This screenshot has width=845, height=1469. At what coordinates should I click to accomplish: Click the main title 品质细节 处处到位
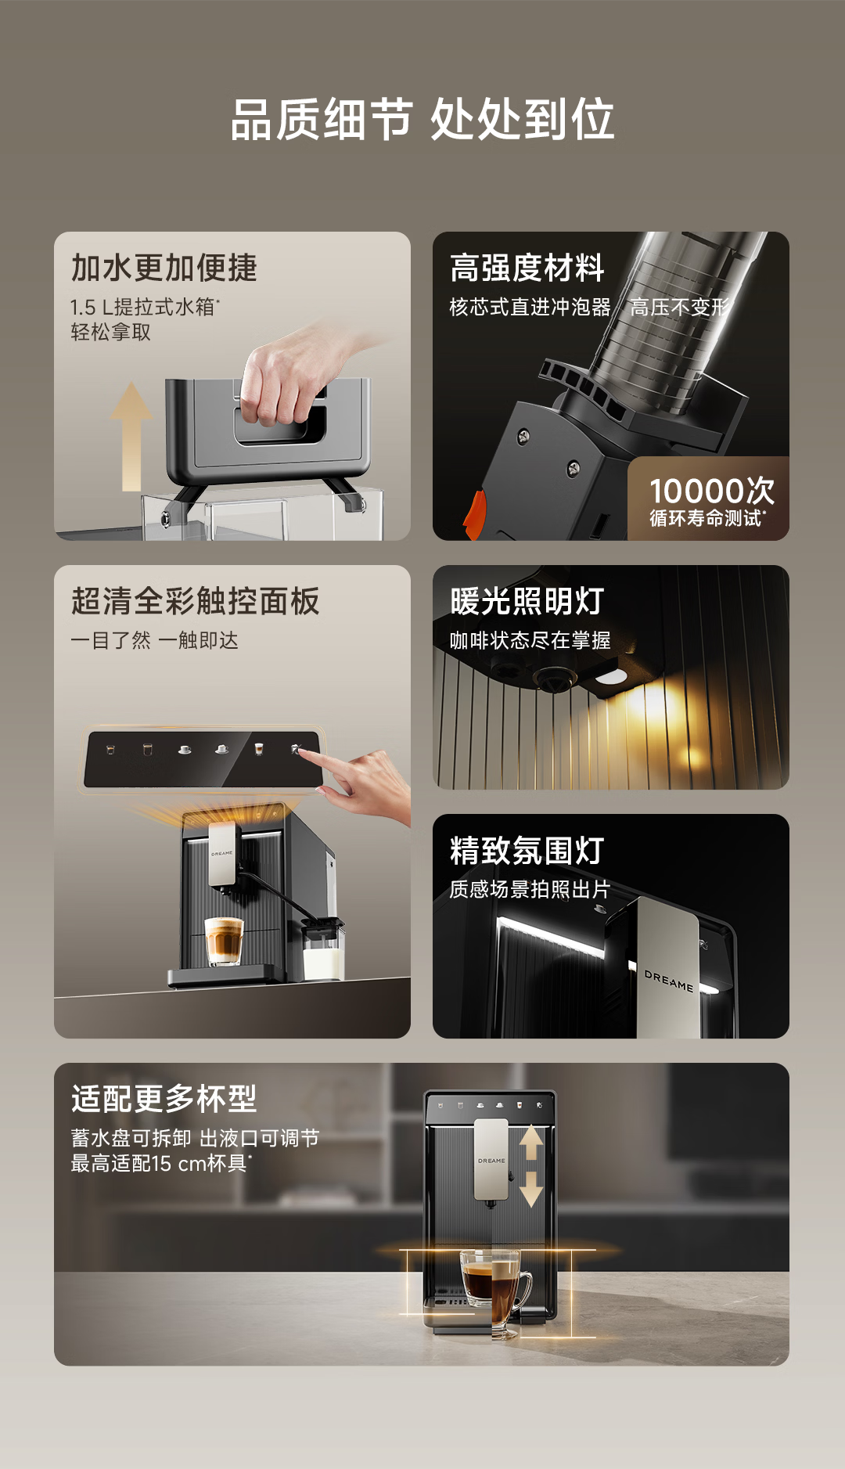coord(422,120)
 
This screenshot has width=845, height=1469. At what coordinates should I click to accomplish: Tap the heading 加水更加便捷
coord(164,268)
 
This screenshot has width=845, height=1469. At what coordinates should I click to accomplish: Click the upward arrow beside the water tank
coord(131,437)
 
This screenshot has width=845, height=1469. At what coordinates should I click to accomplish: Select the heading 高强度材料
coord(527,268)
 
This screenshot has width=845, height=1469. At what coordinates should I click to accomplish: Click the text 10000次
coord(712,491)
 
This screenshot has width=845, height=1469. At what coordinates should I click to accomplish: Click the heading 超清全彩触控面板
coord(196,601)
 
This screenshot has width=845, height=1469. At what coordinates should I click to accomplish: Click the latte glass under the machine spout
coord(224,941)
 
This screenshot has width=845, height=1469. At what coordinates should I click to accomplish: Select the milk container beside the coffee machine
coord(323,949)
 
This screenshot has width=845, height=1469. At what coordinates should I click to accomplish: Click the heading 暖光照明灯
coord(527,601)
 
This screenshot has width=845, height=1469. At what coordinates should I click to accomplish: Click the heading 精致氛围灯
coord(527,851)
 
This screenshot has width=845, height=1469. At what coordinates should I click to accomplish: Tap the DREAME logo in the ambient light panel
coord(669,981)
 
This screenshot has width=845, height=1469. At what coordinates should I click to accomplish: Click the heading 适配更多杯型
coord(164,1099)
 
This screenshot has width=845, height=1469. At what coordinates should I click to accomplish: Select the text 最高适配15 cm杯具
coord(160,1164)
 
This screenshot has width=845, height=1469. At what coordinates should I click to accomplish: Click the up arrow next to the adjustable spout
coord(531,1143)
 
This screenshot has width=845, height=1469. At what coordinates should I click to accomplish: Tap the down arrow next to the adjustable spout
coord(531,1189)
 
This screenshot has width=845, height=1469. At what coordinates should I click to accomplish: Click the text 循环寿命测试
coord(706,518)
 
